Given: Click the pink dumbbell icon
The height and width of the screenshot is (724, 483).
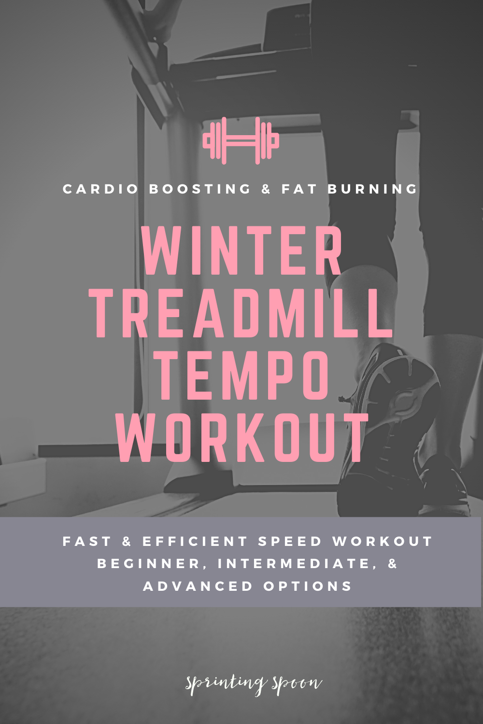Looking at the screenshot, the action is click(x=241, y=140).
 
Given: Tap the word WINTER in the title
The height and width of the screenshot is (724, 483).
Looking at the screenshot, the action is click(x=242, y=250).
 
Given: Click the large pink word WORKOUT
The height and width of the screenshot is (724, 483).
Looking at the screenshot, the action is click(x=242, y=438).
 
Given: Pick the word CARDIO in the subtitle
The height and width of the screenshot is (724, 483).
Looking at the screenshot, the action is click(x=100, y=189).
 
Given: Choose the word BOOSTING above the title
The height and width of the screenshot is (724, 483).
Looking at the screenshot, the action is click(x=200, y=189).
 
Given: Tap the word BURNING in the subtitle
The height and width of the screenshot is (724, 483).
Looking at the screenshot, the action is click(x=373, y=189).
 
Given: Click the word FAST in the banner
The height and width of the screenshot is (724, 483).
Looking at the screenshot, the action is click(x=87, y=542).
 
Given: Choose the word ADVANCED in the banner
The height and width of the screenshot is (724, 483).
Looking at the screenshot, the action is click(x=198, y=586).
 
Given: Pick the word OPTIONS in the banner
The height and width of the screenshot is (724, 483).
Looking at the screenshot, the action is click(x=308, y=586).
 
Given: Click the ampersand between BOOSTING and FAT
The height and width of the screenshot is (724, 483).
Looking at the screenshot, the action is click(x=266, y=189).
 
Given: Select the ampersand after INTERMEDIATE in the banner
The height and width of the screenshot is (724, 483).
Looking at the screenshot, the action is click(x=392, y=564).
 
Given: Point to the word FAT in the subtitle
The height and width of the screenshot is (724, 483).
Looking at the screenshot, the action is click(x=299, y=189).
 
